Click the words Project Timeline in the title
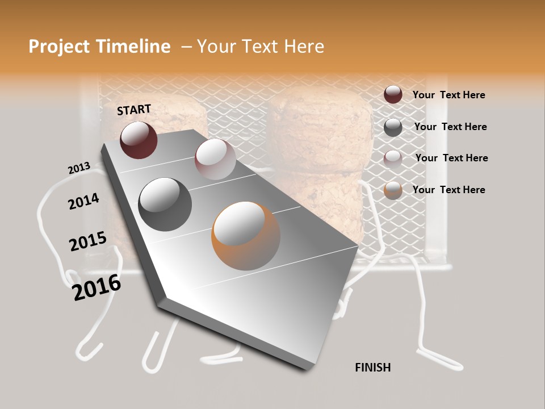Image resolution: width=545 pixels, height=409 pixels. [99, 47]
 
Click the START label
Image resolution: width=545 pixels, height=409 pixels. [134, 110]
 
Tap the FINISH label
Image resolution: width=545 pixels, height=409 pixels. [373, 368]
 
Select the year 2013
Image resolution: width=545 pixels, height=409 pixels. [79, 168]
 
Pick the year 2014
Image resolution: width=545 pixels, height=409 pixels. [83, 202]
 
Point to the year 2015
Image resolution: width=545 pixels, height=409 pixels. [88, 241]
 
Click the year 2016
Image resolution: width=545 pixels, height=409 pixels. [97, 287]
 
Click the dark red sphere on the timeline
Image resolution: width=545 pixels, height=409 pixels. [139, 140]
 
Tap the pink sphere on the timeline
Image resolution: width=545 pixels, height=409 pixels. [215, 158]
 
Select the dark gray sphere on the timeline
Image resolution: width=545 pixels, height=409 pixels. [165, 204]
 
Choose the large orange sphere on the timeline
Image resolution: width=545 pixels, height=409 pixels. [246, 236]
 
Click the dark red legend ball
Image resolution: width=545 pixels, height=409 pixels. [393, 94]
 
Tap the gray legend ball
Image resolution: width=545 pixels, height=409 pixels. [393, 127]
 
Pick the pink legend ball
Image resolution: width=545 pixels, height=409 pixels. [393, 159]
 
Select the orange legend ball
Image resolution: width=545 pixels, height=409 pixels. [393, 190]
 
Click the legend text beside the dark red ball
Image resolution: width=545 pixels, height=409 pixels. [449, 95]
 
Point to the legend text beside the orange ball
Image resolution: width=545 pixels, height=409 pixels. [449, 190]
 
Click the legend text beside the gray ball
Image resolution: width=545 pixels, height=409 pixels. [451, 127]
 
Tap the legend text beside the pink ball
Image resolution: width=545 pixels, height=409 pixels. [452, 158]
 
